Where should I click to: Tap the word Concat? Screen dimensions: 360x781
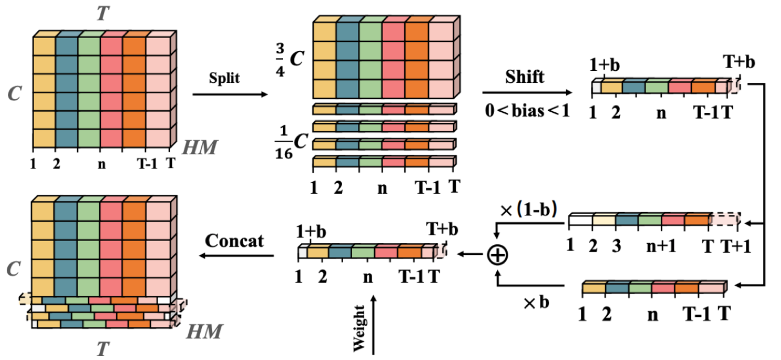tap(235, 240)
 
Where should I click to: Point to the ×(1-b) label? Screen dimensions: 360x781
tap(529, 209)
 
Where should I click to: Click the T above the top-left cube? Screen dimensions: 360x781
tap(102, 13)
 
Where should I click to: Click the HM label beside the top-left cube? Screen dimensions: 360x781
tap(200, 149)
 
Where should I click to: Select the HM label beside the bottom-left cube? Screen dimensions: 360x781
tap(205, 330)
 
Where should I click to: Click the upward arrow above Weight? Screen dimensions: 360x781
tap(373, 323)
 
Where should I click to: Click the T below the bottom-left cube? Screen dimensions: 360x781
tap(102, 347)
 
